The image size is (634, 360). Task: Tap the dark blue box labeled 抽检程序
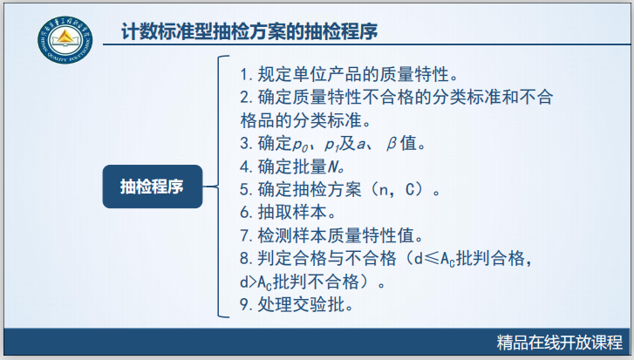pyautogui.click(x=152, y=186)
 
